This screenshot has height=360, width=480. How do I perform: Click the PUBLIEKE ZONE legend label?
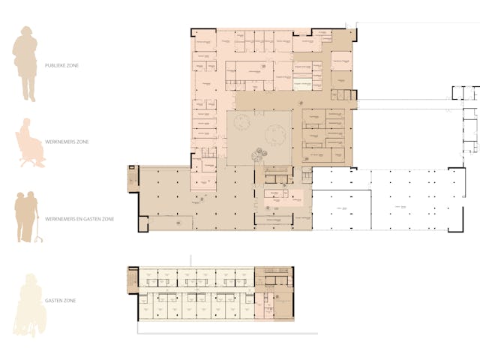coord(62,66)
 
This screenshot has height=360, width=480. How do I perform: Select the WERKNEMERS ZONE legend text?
coord(65,141)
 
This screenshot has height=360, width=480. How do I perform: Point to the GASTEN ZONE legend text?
coord(60,301)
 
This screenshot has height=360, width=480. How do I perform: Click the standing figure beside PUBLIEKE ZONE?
coord(25,63)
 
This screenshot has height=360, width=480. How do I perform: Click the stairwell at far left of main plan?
coord(133,181)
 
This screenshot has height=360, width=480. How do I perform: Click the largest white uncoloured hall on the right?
coord(409,199)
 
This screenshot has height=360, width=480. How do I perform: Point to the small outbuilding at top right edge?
coord(464,94)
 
